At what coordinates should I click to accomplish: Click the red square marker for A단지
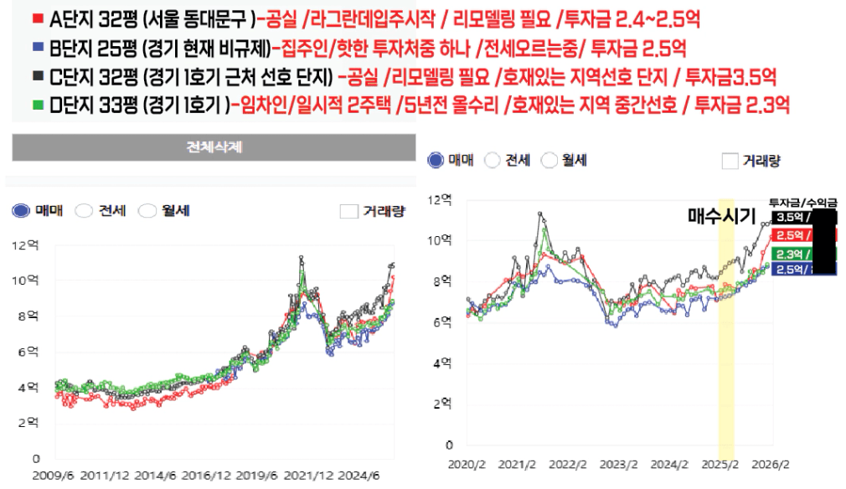[36, 17]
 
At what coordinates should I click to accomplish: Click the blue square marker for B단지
[36, 44]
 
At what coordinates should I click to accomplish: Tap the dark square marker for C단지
[36, 75]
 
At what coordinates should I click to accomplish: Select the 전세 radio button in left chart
[84, 211]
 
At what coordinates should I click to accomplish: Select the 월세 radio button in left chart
[147, 211]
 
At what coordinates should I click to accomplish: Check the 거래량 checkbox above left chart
[349, 211]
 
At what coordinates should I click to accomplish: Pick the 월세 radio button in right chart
[549, 160]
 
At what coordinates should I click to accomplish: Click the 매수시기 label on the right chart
[719, 216]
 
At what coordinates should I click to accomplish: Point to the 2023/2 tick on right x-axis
[616, 462]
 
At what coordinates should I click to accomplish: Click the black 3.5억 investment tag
[788, 218]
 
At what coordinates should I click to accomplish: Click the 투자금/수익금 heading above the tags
[802, 202]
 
